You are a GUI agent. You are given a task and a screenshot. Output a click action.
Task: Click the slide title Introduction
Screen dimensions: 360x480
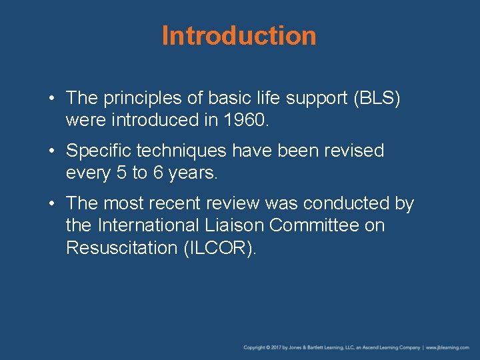[x=239, y=36]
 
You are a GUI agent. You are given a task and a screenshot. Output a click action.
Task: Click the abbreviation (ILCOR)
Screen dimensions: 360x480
[x=219, y=247]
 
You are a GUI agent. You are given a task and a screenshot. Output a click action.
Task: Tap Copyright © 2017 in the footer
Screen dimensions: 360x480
[x=263, y=347]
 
